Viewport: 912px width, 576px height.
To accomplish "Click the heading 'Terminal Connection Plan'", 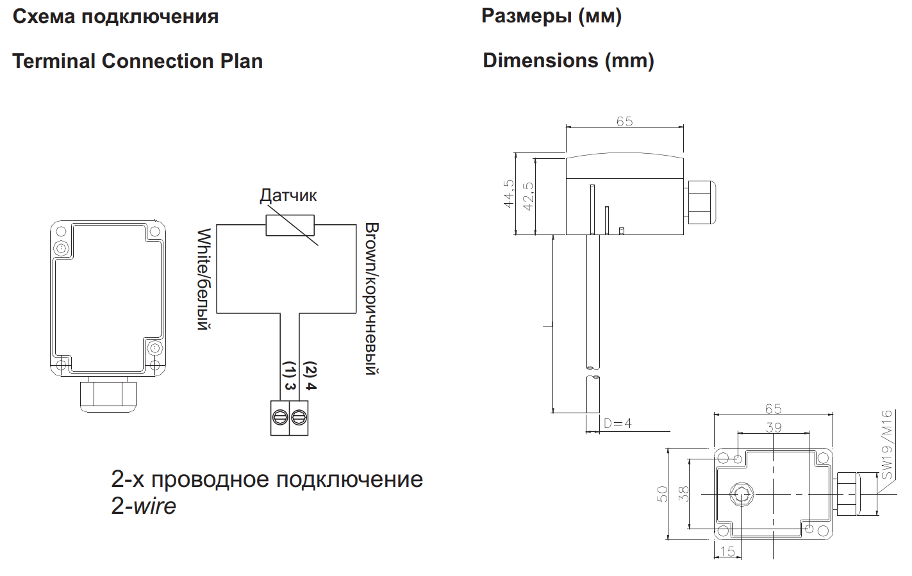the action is pos(138,62).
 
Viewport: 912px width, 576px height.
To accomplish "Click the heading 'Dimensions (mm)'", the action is pos(568,61).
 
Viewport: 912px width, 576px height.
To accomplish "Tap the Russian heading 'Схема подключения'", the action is pos(115,17).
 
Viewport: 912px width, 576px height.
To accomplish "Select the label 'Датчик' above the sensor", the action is pos(288,195).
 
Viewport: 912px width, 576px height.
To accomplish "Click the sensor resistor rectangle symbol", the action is pos(290,225).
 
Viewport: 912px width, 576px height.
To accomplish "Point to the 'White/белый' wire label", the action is pos(204,279).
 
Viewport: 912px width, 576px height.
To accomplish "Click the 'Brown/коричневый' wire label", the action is pos(371,299).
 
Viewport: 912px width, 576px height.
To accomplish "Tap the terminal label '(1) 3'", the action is pos(289,375).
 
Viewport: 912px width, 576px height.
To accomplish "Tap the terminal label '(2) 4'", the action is pos(310,375).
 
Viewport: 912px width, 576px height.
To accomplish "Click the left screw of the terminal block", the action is pos(279,418).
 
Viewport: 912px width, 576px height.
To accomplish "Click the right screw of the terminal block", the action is pos(299,418).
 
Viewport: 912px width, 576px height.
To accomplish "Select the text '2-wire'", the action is pos(144,506).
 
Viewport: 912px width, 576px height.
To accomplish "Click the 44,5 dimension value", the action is pos(509,193).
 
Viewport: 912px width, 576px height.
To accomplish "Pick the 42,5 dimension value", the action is pos(528,196).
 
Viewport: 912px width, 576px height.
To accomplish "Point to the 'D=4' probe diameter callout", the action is pos(617,424).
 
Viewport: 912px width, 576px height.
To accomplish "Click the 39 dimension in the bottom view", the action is pos(774,427).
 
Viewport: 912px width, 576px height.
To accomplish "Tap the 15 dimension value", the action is pos(727,551).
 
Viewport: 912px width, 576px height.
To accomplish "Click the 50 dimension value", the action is pos(663,494).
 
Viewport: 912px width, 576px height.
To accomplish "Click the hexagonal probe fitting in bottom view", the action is pos(742,494).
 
